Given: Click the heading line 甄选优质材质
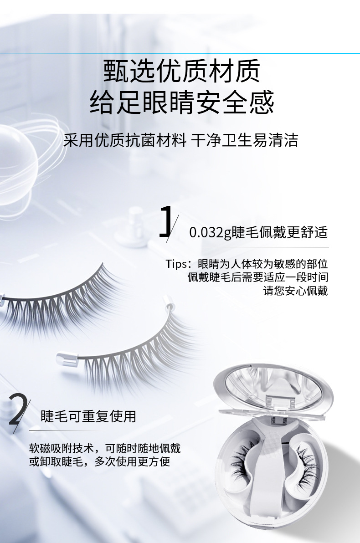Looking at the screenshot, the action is click(x=181, y=72).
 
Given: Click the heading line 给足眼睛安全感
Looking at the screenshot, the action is click(x=181, y=102).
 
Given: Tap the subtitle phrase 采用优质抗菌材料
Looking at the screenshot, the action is click(x=125, y=141).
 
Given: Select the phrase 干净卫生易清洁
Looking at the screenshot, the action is click(x=245, y=141).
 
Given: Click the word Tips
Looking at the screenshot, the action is click(x=176, y=264).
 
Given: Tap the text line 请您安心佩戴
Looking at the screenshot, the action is click(x=296, y=291).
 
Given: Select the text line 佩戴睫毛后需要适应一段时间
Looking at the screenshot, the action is click(x=258, y=277).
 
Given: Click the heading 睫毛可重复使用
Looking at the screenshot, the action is click(x=88, y=416).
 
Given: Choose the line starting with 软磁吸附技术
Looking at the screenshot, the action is click(x=105, y=448).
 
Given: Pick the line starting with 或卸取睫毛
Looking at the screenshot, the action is click(x=99, y=461).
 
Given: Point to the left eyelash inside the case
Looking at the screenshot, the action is click(x=242, y=462).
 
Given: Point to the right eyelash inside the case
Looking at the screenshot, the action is click(x=307, y=462).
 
